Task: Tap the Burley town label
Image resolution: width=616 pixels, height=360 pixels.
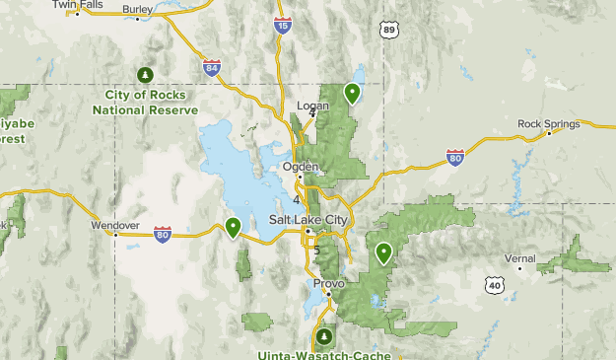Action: tap(138, 10)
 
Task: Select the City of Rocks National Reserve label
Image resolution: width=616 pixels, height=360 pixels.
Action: tap(146, 103)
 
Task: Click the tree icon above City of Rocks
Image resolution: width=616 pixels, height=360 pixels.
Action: tap(146, 75)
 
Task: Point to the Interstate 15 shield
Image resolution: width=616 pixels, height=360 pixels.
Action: tap(283, 26)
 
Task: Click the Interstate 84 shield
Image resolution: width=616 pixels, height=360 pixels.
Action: tap(211, 67)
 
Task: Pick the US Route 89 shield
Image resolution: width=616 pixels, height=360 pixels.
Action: tap(389, 31)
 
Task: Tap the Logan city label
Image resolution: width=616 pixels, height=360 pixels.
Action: tap(312, 105)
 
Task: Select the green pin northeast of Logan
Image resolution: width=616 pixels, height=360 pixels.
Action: tap(352, 94)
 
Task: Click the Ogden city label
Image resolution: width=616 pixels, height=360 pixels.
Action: tap(301, 167)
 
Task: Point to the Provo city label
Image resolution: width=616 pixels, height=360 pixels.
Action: tap(328, 283)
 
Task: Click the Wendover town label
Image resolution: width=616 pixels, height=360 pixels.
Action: tap(115, 225)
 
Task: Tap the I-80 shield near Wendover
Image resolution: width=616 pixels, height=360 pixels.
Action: tap(163, 234)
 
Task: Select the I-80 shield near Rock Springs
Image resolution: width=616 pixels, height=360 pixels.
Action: tap(454, 157)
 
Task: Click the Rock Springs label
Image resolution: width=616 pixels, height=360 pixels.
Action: tap(545, 123)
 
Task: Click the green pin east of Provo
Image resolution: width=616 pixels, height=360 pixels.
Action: tap(382, 252)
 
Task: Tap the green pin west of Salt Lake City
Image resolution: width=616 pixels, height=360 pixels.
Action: tap(233, 228)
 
